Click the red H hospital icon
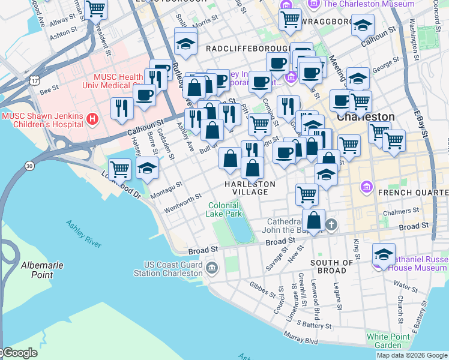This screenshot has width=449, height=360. [x=92, y=119]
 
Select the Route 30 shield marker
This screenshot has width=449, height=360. [x=28, y=165]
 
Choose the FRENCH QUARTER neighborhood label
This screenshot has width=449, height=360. [x=412, y=193]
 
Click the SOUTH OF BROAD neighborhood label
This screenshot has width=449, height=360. [x=332, y=267]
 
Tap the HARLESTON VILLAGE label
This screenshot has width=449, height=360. [x=250, y=188]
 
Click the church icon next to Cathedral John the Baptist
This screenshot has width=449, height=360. [x=331, y=225]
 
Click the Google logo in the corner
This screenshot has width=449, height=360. [x=20, y=353]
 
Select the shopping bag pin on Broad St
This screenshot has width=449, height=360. [x=313, y=220]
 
